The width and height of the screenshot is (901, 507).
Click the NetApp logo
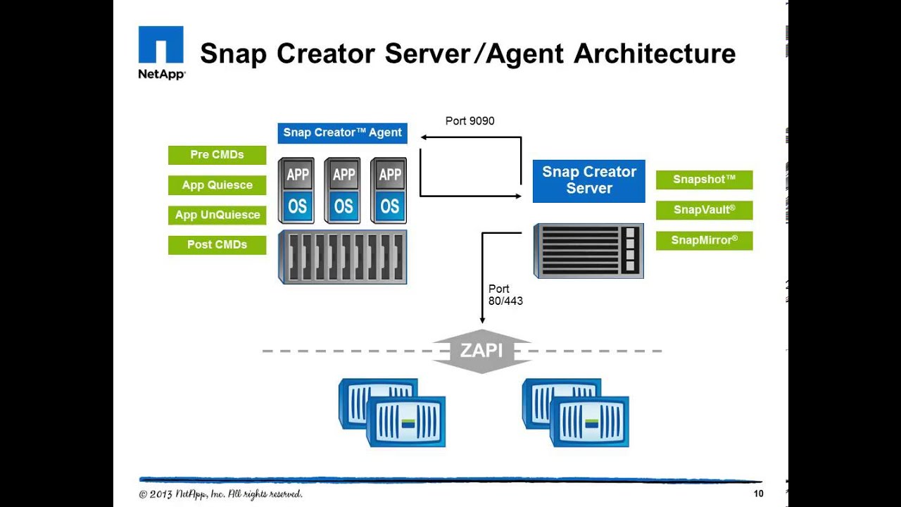pos(161,53)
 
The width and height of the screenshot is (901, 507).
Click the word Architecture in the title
pos(655,54)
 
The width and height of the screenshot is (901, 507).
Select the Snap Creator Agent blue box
pos(342,132)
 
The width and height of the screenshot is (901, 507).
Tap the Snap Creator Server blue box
pos(588,180)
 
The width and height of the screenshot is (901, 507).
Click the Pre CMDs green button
pos(217,155)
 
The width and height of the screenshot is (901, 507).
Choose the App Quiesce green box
pos(217,185)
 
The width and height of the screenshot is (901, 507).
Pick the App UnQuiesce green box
pos(217,215)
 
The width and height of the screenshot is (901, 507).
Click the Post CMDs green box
pos(217,245)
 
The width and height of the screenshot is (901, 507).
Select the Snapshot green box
pos(704,180)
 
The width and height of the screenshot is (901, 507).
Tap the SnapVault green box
pos(704,210)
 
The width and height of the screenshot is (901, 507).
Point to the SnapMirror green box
pos(704,240)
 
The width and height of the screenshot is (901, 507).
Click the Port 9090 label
pos(470,121)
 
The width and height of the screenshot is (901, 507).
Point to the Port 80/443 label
pos(505,295)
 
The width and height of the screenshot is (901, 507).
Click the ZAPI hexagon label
pos(481,350)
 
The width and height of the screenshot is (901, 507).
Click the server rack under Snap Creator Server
pos(588,251)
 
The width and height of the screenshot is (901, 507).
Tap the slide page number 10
pos(758,494)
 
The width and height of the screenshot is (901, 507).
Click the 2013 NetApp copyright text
pos(220,494)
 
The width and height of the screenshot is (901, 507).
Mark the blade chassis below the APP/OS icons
pos(343,256)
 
